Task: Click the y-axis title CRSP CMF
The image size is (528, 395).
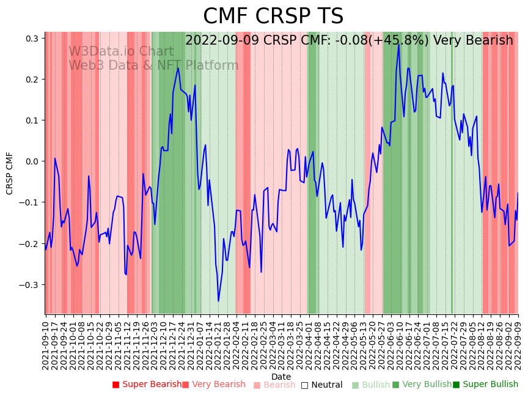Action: click(10, 173)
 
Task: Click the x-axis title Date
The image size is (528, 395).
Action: click(281, 377)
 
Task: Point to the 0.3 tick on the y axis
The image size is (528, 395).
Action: click(31, 39)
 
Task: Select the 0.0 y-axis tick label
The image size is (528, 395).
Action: click(31, 161)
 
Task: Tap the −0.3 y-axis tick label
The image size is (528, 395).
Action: click(29, 285)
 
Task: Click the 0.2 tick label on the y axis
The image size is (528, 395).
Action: click(31, 79)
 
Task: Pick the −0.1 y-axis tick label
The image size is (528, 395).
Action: click(29, 202)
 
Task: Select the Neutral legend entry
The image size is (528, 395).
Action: click(326, 385)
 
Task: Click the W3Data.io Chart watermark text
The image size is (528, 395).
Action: click(121, 52)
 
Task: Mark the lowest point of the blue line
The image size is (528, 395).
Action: click(218, 301)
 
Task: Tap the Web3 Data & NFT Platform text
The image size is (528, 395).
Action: click(153, 66)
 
